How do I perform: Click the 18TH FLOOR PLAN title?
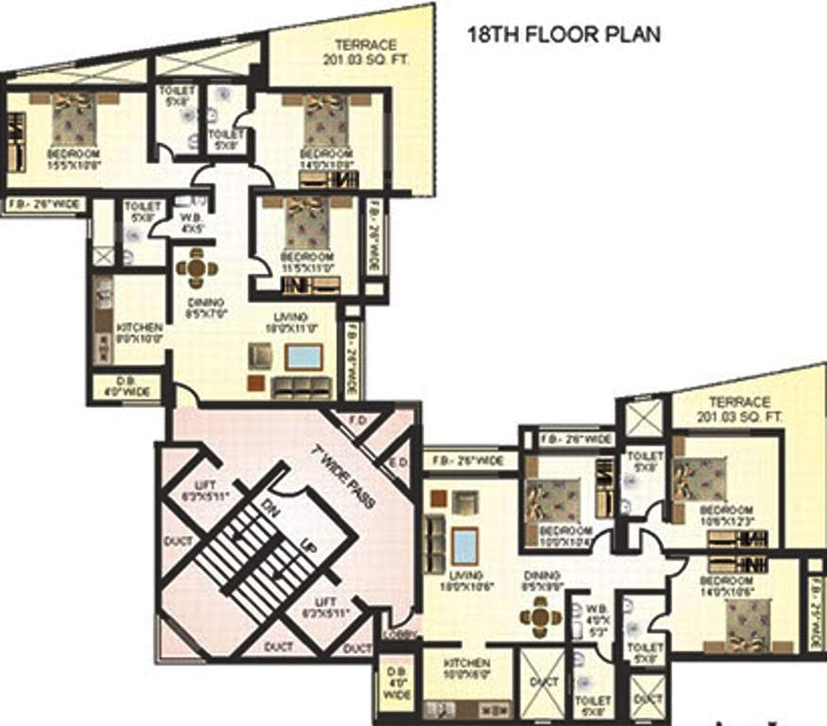pyautogui.click(x=564, y=35)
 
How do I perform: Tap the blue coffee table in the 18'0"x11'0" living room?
pyautogui.click(x=303, y=357)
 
